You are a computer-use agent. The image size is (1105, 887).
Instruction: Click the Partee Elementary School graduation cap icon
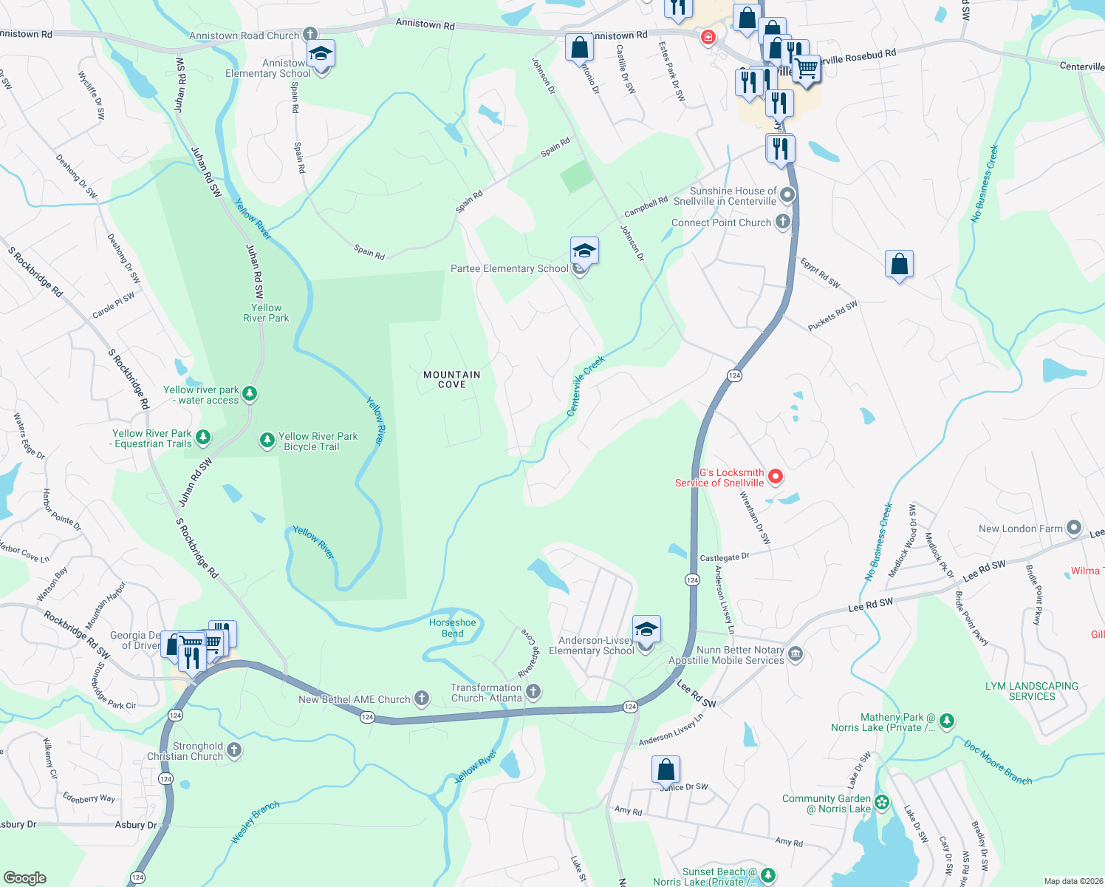click(x=584, y=251)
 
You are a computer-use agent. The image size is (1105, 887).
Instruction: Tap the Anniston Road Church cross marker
click(x=310, y=35)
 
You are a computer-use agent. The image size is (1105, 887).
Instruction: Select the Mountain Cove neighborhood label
click(x=451, y=379)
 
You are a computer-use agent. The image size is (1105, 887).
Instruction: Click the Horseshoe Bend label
click(x=452, y=628)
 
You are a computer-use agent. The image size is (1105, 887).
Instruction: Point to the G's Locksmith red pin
click(x=775, y=477)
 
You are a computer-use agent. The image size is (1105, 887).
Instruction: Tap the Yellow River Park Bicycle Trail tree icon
click(x=267, y=441)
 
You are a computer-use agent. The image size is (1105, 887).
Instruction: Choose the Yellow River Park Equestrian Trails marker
click(x=202, y=438)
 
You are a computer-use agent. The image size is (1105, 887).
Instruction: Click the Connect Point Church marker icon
click(x=782, y=222)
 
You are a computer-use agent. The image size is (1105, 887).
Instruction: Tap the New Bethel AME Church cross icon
click(x=421, y=699)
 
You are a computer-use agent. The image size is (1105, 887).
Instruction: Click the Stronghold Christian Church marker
click(x=233, y=750)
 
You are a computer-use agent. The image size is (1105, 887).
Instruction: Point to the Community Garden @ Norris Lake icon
click(x=881, y=803)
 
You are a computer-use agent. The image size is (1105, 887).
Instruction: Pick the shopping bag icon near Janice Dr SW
click(x=666, y=769)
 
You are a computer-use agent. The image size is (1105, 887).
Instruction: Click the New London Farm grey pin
click(x=1073, y=529)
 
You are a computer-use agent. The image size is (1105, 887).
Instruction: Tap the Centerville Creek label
click(x=585, y=386)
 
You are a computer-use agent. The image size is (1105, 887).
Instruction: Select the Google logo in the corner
click(x=24, y=877)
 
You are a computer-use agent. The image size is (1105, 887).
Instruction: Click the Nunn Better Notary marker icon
click(x=795, y=654)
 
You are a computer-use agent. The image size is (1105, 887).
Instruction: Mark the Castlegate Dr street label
click(x=724, y=557)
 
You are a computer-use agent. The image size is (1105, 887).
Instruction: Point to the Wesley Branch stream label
click(x=255, y=822)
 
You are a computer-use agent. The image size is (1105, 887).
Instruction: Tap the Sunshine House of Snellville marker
click(x=787, y=195)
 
